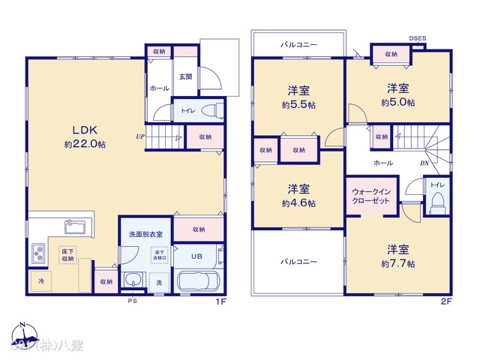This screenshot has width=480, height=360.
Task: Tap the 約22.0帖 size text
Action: point(83,144)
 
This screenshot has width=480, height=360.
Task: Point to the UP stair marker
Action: point(140,136)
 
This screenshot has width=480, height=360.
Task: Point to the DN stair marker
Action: point(424,163)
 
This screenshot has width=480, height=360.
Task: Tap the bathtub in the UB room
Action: point(197,283)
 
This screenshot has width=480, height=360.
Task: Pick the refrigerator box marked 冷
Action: point(40,280)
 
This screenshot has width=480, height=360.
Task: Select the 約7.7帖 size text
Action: point(397,263)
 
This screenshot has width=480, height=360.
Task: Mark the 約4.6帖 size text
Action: point(298,203)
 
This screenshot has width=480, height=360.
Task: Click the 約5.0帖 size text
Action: point(397,102)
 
